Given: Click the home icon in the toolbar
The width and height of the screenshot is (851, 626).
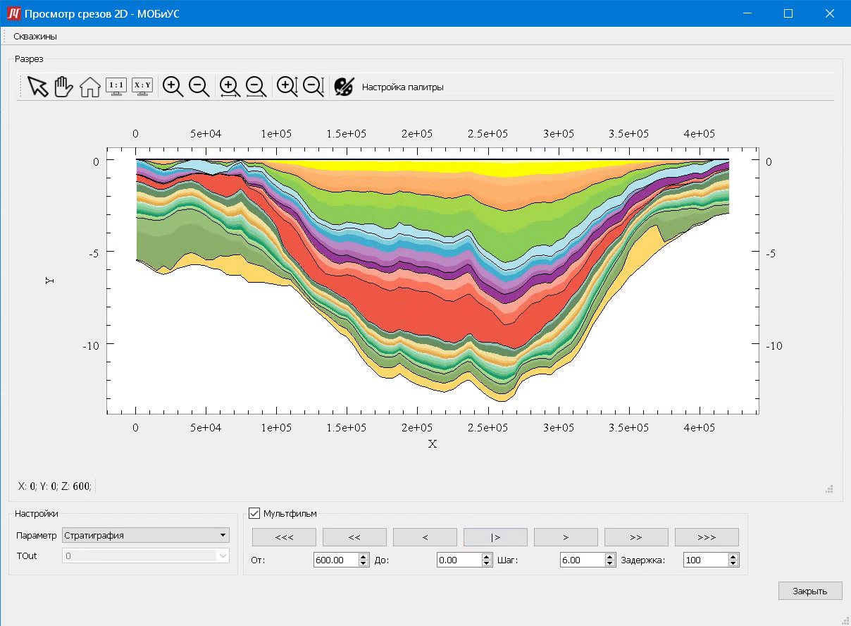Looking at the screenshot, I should [89, 87].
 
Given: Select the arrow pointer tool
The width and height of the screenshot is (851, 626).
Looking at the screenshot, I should [38, 87].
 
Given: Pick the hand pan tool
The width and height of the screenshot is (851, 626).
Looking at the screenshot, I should [63, 87].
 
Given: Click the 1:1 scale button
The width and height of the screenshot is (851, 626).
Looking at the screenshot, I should [116, 87].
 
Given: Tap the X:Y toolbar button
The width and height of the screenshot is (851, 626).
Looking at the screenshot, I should [142, 87].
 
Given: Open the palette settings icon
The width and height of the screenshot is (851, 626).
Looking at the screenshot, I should [344, 87].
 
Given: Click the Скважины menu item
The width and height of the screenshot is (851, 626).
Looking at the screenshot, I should [35, 36].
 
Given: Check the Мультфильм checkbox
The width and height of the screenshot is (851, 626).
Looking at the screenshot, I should [254, 513].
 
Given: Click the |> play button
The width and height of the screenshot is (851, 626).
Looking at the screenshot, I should [495, 537].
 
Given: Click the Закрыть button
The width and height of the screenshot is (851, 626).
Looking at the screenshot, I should [809, 591].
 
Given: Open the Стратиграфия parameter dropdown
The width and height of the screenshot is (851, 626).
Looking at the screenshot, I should [146, 535].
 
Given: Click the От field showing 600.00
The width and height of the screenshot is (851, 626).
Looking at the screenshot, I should [335, 560].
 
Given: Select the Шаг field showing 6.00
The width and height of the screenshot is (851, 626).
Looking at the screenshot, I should [581, 560].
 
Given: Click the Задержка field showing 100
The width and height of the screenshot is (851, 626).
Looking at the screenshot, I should [705, 560].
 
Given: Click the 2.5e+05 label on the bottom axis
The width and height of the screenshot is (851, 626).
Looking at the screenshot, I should [488, 428].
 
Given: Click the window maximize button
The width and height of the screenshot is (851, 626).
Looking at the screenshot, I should [788, 13].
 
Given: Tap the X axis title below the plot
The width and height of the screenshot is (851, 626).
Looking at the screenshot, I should [433, 444].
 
